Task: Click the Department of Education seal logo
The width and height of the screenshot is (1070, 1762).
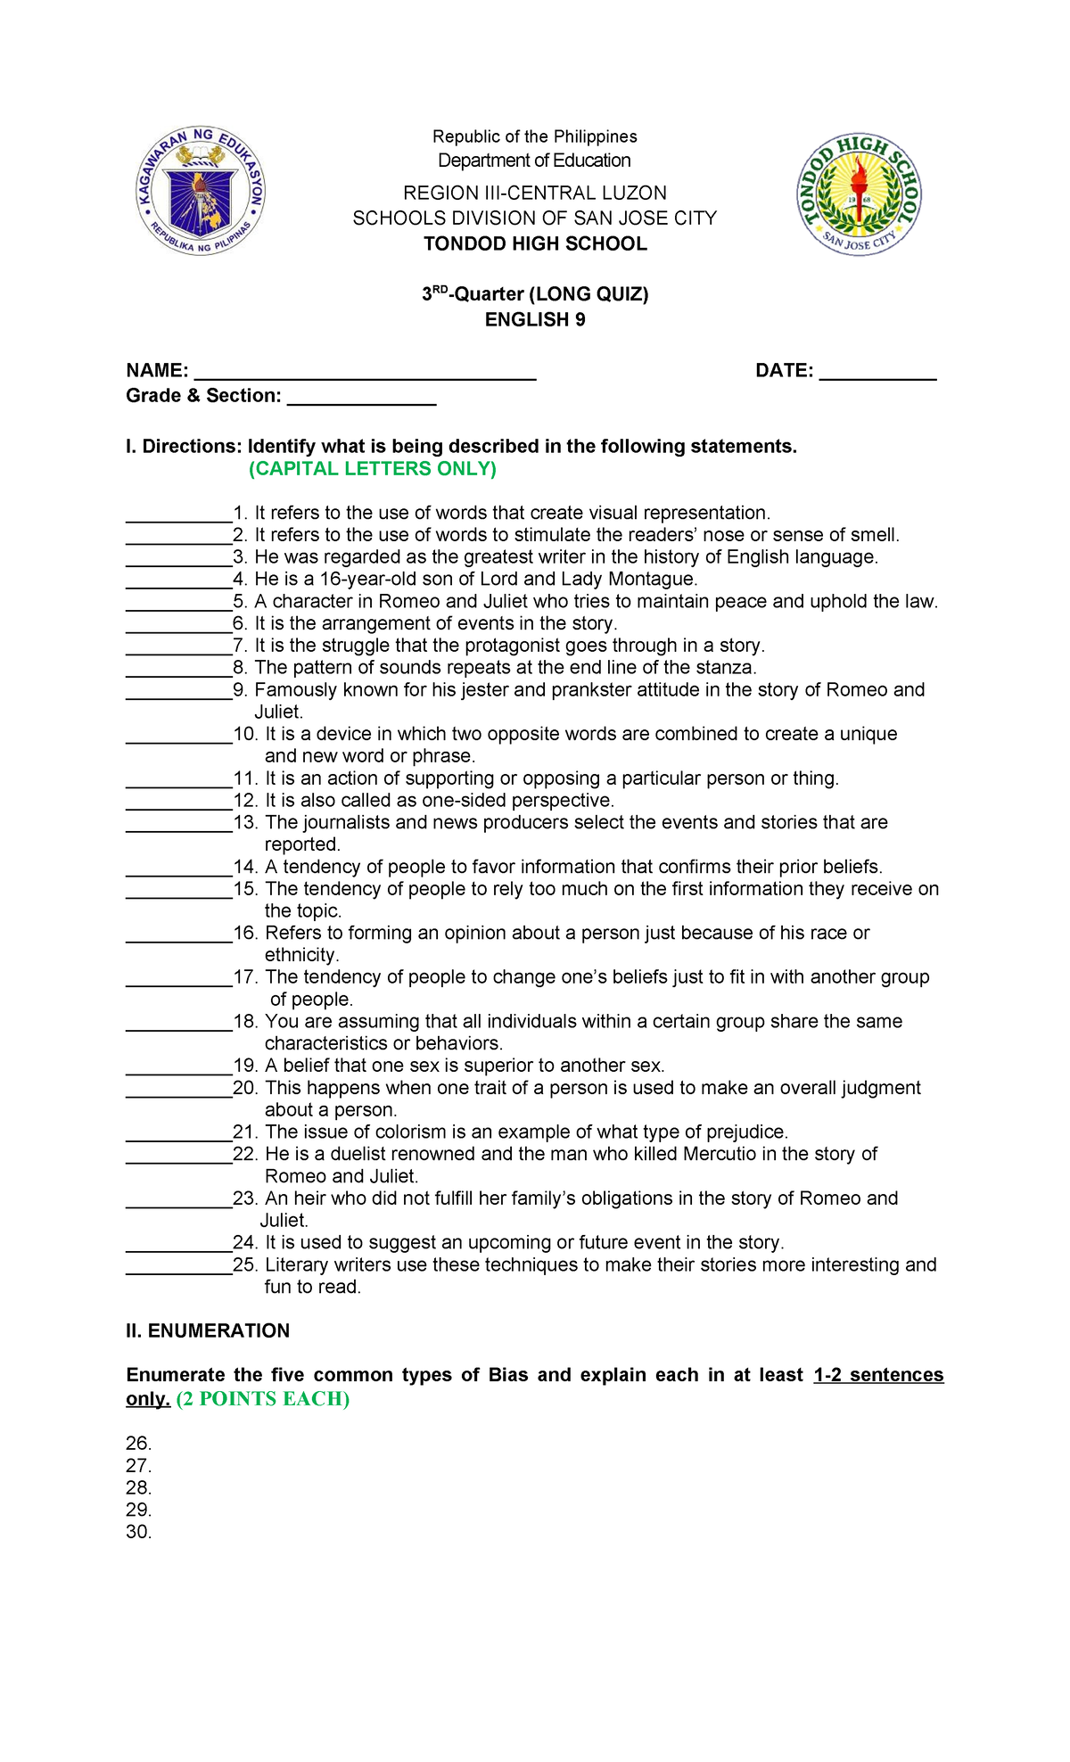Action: tap(202, 190)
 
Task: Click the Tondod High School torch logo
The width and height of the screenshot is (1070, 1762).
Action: tap(859, 194)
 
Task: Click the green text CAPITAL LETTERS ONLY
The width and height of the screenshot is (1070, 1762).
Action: tap(373, 469)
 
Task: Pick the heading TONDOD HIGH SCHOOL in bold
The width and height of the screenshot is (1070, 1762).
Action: tap(535, 244)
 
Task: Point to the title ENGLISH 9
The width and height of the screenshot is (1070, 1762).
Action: tap(535, 319)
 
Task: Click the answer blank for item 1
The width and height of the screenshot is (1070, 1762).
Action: tap(178, 516)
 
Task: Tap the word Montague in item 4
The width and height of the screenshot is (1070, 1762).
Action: tap(650, 579)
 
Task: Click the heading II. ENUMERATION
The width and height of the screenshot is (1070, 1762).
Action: tap(208, 1330)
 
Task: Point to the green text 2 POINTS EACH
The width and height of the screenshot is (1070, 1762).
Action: tap(263, 1399)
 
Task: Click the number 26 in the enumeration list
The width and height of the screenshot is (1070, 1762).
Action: tap(138, 1443)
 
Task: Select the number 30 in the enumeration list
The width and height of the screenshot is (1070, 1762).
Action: tap(138, 1532)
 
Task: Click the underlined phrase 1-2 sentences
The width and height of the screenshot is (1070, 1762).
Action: tap(878, 1375)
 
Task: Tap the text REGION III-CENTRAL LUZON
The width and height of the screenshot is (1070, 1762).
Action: tap(535, 193)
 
